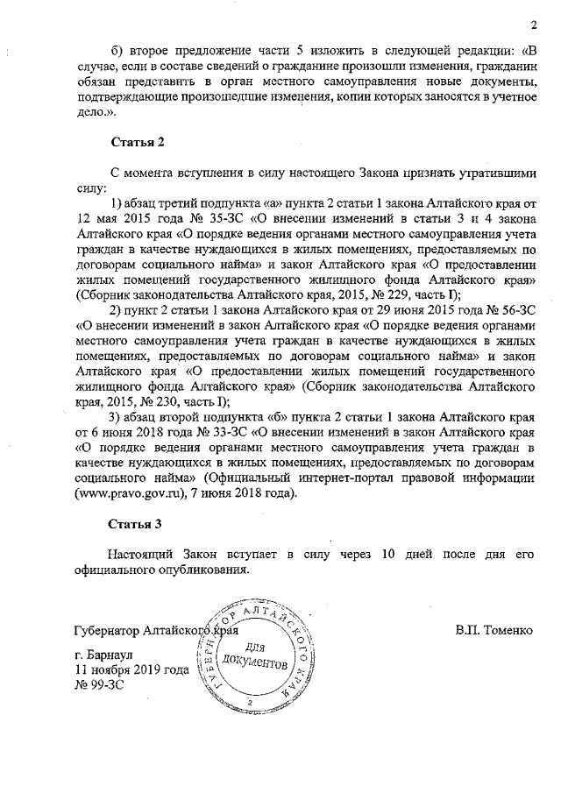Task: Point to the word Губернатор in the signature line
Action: pos(108,630)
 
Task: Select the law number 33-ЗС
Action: pos(225,432)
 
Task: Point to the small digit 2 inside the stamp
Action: pos(250,703)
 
